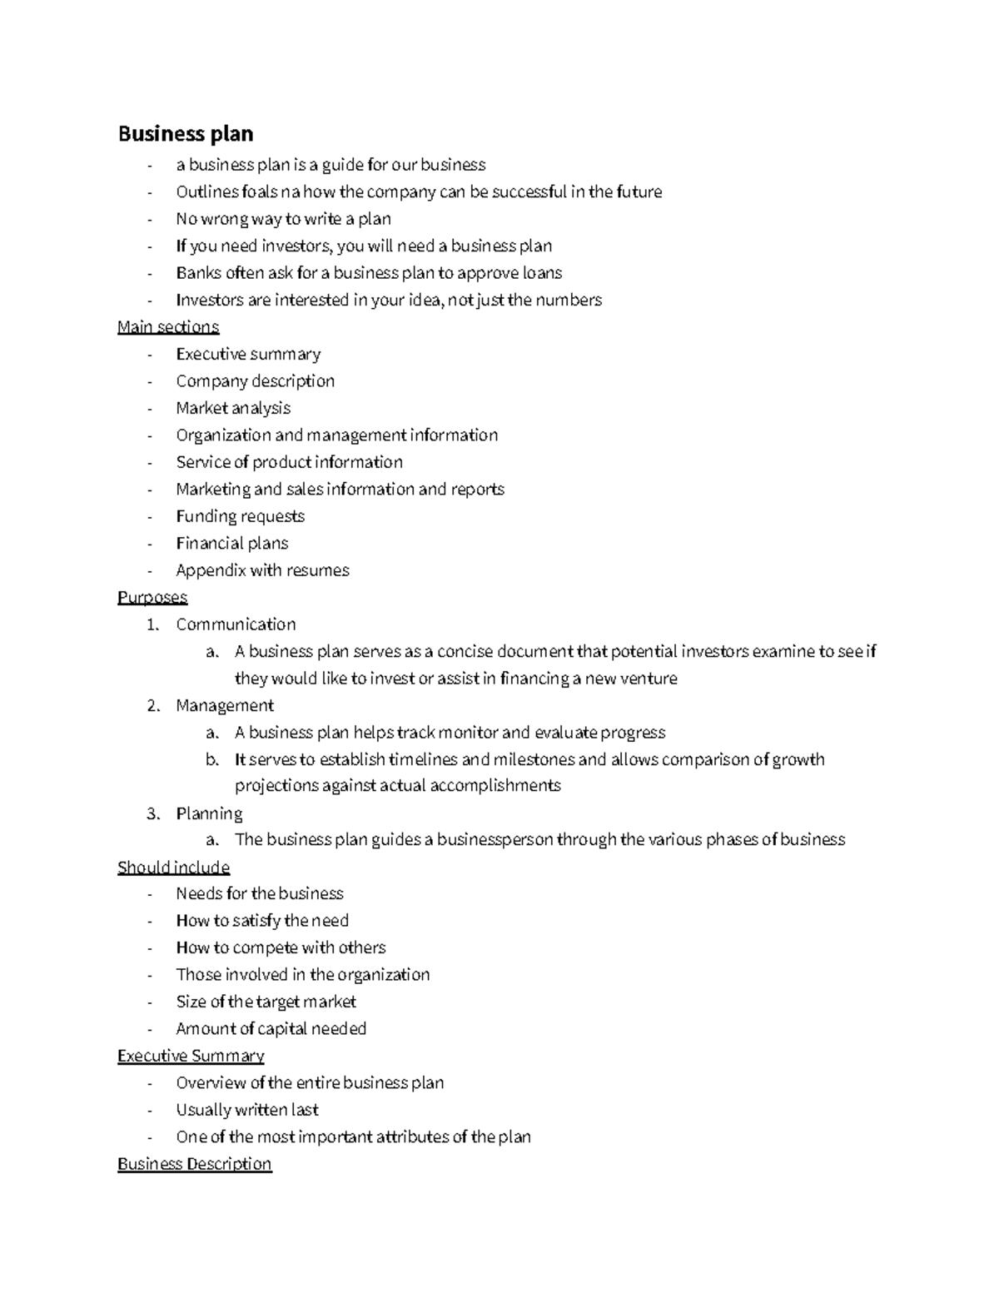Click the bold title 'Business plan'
[x=186, y=134]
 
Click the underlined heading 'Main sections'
[x=168, y=326]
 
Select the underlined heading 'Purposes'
[x=152, y=597]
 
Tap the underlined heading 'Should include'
[x=173, y=868]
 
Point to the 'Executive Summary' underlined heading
[x=191, y=1056]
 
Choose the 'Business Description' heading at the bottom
[x=195, y=1164]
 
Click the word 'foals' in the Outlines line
[x=259, y=192]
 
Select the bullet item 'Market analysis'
[x=233, y=408]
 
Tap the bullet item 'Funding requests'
[x=240, y=516]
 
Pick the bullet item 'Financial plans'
[x=231, y=544]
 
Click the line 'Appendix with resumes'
[x=262, y=570]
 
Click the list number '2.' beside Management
[x=153, y=706]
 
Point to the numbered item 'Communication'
[x=236, y=624]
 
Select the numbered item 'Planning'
[x=209, y=813]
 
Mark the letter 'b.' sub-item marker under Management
[x=212, y=759]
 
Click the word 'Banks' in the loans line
[x=198, y=273]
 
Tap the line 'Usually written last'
[x=247, y=1110]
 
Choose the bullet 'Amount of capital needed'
[x=271, y=1029]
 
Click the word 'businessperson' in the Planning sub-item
[x=495, y=840]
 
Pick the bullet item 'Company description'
[x=255, y=381]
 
